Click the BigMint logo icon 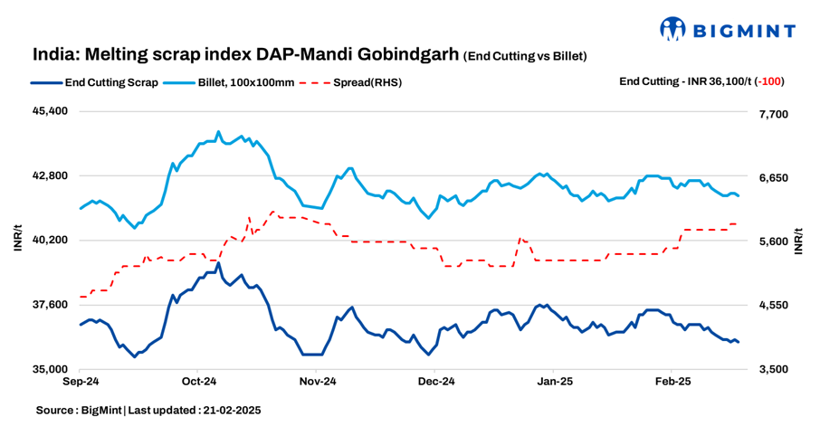(674, 29)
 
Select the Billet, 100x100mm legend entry (231, 82)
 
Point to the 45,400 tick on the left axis (51, 111)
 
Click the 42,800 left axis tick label (51, 175)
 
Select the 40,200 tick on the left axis (51, 241)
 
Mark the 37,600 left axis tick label (51, 305)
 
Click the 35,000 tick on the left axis (51, 370)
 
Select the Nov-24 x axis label (317, 383)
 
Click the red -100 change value (771, 81)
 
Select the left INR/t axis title (17, 241)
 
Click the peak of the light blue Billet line (219, 132)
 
